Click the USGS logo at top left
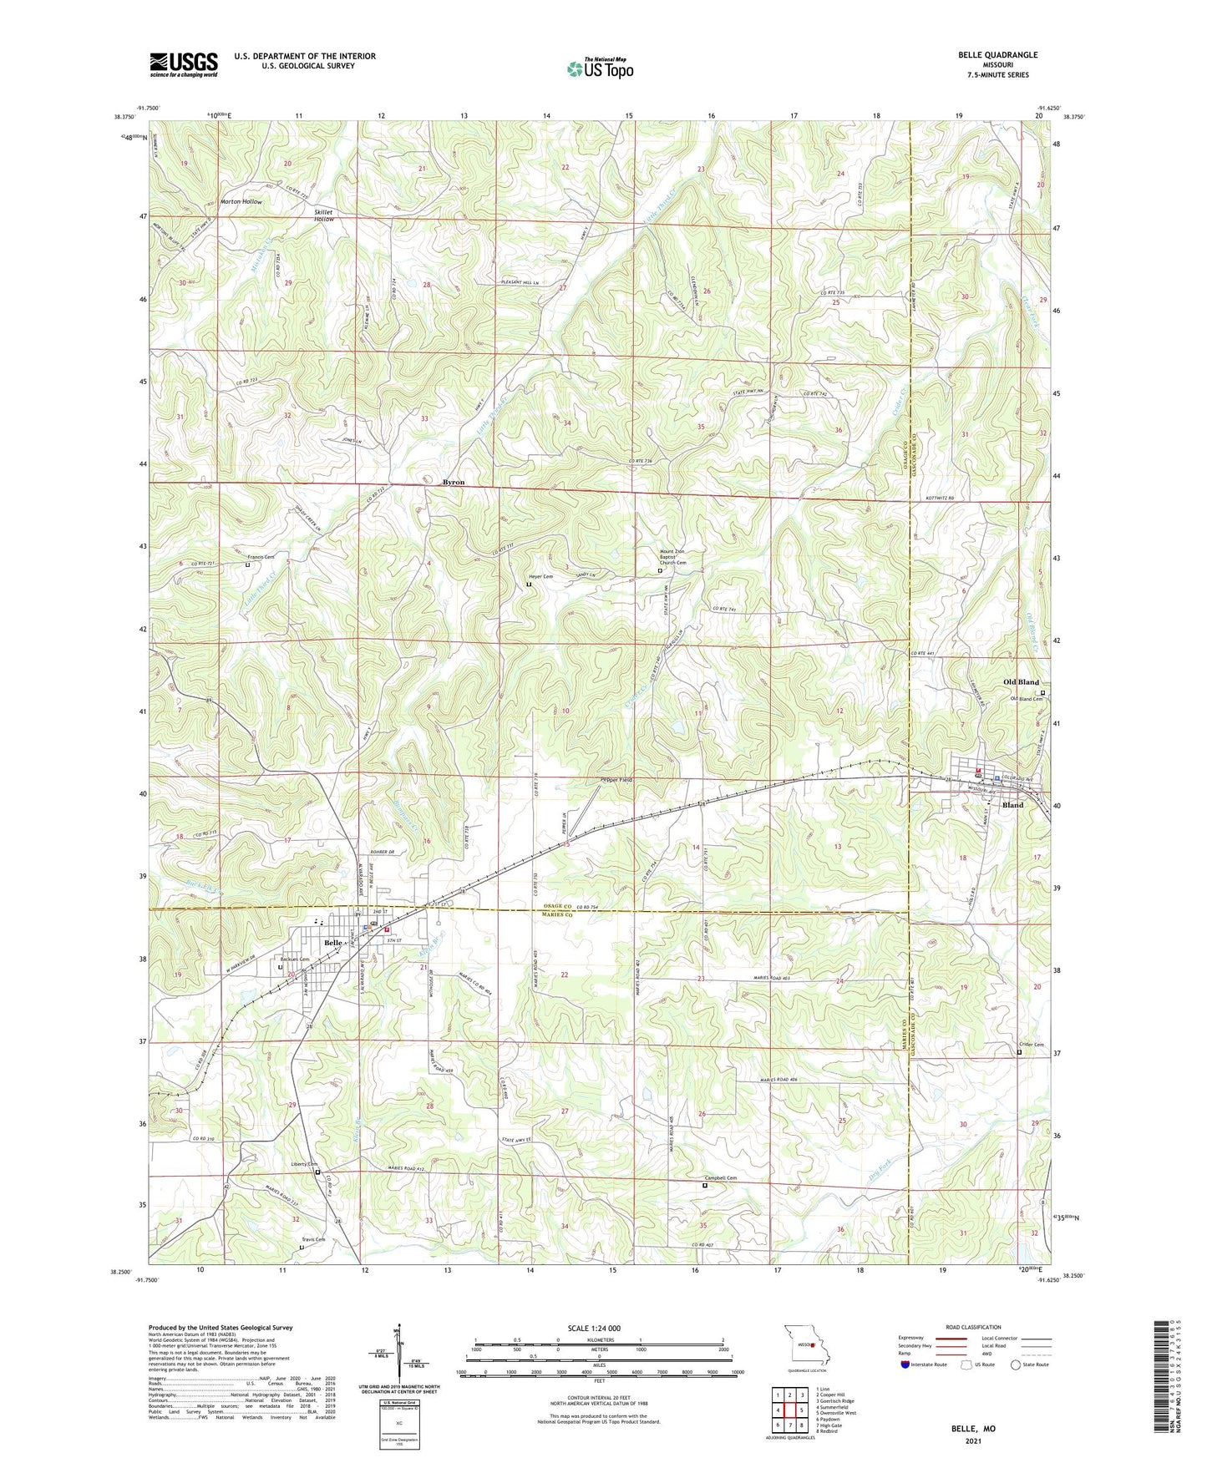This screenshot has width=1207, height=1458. click(184, 64)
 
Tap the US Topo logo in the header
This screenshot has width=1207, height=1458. click(599, 69)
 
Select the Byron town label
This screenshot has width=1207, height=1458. click(453, 483)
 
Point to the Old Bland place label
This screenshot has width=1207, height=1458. click(1021, 682)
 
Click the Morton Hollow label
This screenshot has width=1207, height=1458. click(241, 202)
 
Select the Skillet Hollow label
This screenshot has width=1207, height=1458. click(323, 215)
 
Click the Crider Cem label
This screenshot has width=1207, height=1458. click(1031, 1045)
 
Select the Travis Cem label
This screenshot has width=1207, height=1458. click(313, 1239)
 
